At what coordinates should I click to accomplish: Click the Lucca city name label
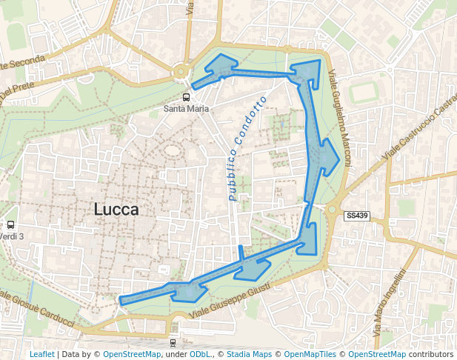pyautogui.click(x=116, y=210)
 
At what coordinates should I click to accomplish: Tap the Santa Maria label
pyautogui.click(x=186, y=108)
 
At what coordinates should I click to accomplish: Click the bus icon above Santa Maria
pyautogui.click(x=185, y=96)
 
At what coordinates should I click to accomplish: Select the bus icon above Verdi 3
pyautogui.click(x=10, y=224)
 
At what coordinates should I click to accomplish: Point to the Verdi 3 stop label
pyautogui.click(x=11, y=236)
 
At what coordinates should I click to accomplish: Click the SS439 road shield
pyautogui.click(x=356, y=216)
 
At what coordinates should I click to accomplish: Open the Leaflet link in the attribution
pyautogui.click(x=41, y=354)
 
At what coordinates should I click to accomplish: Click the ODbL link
pyautogui.click(x=199, y=354)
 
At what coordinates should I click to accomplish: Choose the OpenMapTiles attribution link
pyautogui.click(x=310, y=354)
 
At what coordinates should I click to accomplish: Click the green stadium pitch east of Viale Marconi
pyautogui.click(x=364, y=92)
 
